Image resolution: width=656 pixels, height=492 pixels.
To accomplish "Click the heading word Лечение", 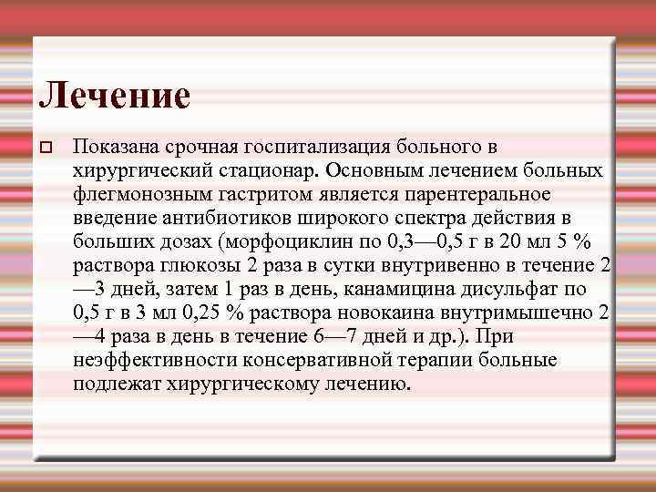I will click(115, 96).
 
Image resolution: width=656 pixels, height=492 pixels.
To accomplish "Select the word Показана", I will click(111, 147).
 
